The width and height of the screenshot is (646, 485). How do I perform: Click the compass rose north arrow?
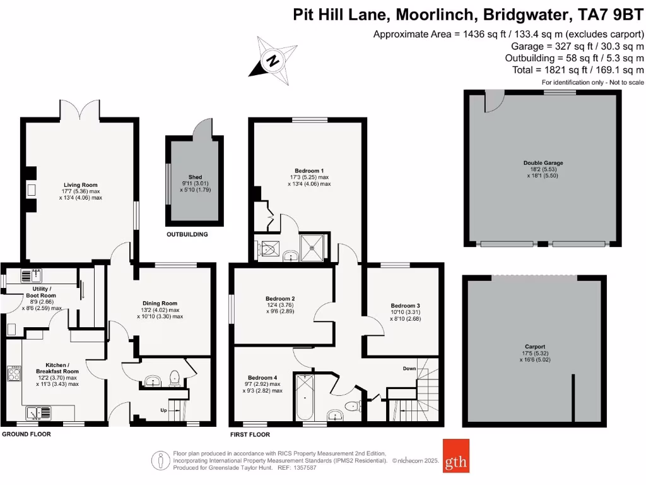click(273, 60)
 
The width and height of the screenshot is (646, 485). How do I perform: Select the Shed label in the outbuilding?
click(195, 177)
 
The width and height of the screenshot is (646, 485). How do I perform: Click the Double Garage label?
click(543, 163)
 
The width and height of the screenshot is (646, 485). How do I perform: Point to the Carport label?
click(534, 347)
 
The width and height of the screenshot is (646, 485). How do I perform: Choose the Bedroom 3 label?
click(405, 306)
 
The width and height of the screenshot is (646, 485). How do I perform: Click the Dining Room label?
click(160, 304)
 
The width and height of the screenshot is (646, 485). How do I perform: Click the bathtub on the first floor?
click(304, 397)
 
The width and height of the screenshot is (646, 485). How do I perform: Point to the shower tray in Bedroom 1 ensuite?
click(314, 246)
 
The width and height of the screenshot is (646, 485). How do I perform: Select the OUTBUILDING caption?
click(187, 234)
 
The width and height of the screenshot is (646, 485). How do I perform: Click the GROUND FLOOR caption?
click(26, 434)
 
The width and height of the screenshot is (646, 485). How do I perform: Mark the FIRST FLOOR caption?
click(250, 434)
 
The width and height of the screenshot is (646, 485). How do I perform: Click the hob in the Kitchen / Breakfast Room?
click(14, 374)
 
